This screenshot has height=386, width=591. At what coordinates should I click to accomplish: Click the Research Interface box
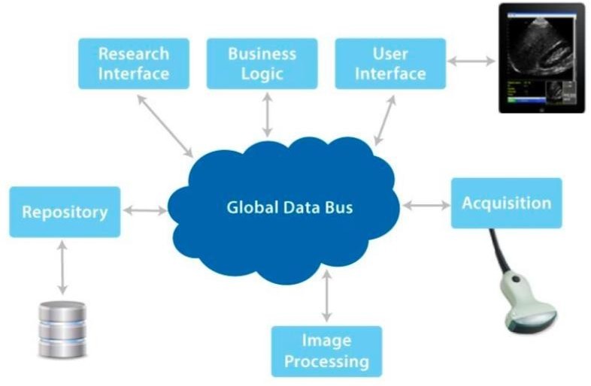[133, 64]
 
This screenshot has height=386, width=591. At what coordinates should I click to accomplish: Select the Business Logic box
[262, 64]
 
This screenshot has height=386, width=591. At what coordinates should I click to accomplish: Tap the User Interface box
[389, 64]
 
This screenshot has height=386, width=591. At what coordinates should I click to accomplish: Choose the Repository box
[65, 212]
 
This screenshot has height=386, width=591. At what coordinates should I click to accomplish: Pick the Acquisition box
[506, 203]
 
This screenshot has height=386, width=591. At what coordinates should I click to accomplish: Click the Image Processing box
[326, 351]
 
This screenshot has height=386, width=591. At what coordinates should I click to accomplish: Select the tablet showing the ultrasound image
[541, 58]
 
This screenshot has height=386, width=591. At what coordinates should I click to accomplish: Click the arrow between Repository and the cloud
[144, 212]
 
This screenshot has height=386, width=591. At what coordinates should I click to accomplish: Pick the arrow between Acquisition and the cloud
[426, 204]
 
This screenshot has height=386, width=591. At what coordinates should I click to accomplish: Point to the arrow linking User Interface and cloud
[385, 120]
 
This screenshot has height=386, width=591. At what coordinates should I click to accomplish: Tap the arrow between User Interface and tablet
[471, 61]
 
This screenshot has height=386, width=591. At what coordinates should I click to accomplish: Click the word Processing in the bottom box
[326, 361]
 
